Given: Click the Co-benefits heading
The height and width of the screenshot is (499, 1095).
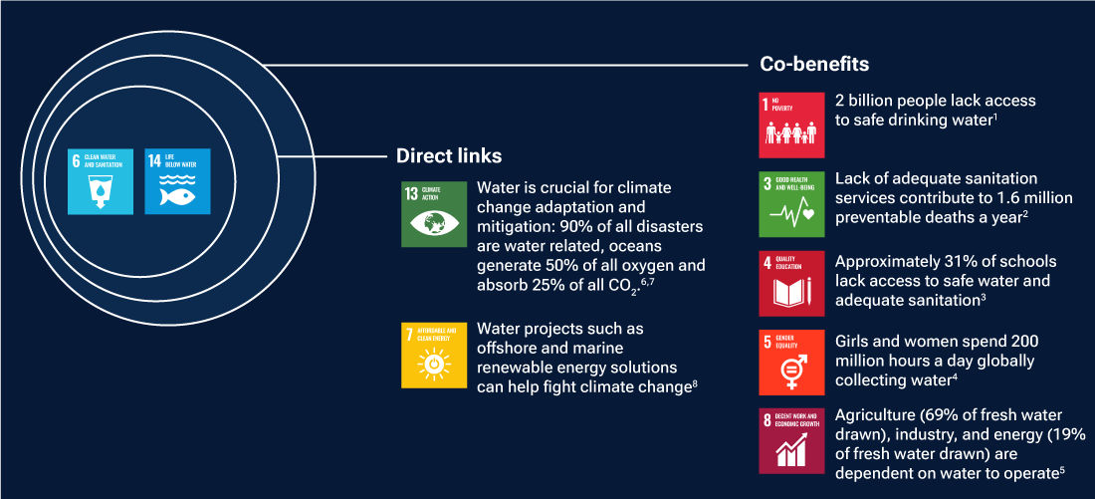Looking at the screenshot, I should (807, 65).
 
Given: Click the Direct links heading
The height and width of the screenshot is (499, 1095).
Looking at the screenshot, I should (449, 156).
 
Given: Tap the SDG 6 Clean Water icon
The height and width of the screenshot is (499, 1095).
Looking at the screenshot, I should (100, 181).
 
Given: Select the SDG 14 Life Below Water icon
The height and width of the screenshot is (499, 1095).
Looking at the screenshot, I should (177, 181).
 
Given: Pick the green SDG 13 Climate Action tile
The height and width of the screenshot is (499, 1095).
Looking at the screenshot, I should (433, 214).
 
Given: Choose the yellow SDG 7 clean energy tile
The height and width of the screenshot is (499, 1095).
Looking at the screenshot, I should (433, 355).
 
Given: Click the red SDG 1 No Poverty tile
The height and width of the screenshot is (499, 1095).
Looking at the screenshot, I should (792, 125).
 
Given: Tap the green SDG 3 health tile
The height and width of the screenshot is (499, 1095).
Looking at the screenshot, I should (792, 204).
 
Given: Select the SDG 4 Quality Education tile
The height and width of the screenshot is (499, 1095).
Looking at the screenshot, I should (792, 283).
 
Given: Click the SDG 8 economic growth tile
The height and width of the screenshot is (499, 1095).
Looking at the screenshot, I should (792, 441).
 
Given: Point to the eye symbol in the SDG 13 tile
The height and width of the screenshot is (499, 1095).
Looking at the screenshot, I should (434, 223).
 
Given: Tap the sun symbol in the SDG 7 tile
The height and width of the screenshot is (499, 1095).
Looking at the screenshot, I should (434, 366).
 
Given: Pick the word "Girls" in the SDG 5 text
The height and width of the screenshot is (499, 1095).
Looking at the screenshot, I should (855, 341).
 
